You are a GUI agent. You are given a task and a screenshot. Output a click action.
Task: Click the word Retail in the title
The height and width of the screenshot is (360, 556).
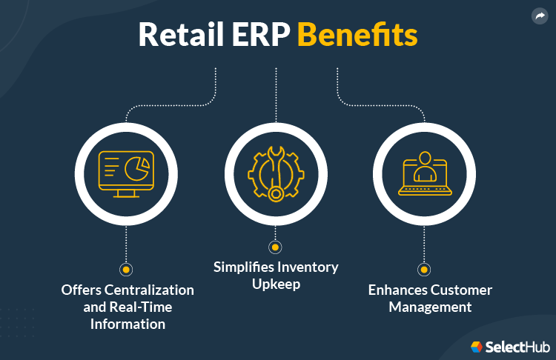coord(181,34)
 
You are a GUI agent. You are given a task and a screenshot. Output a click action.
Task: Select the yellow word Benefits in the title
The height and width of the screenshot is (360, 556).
coord(357,34)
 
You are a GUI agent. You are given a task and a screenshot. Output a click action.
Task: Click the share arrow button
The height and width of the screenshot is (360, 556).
coord(540,16)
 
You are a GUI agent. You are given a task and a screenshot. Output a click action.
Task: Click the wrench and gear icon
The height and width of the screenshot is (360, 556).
coord(276,174)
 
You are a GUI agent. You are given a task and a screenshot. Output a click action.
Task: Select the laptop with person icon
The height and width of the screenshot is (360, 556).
coord(425,173)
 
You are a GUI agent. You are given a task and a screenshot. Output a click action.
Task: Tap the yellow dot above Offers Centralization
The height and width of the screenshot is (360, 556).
coord(126,270)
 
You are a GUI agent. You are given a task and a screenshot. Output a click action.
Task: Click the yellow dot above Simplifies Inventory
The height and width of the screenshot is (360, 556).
coord(275,247)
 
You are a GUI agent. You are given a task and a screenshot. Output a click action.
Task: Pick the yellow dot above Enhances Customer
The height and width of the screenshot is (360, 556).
coord(424,270)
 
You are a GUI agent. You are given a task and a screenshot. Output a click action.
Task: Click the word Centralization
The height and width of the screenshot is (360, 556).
coord(149,290)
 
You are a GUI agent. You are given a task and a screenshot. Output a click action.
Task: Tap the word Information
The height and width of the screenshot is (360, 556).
coord(128,324)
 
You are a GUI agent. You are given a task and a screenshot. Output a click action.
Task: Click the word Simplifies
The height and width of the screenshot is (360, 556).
coord(244,267)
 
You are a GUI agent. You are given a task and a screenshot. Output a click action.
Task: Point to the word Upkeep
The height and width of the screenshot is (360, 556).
coord(277,284)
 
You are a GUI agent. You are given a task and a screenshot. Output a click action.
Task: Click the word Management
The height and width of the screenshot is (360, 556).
coord(430,307)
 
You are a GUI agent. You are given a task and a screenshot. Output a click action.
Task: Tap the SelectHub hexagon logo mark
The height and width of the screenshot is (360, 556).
coord(476,347)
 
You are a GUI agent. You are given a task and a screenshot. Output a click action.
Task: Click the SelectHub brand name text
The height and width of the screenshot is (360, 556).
coord(517,347)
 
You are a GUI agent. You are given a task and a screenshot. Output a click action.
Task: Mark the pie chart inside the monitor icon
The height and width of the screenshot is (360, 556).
coord(137,169)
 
